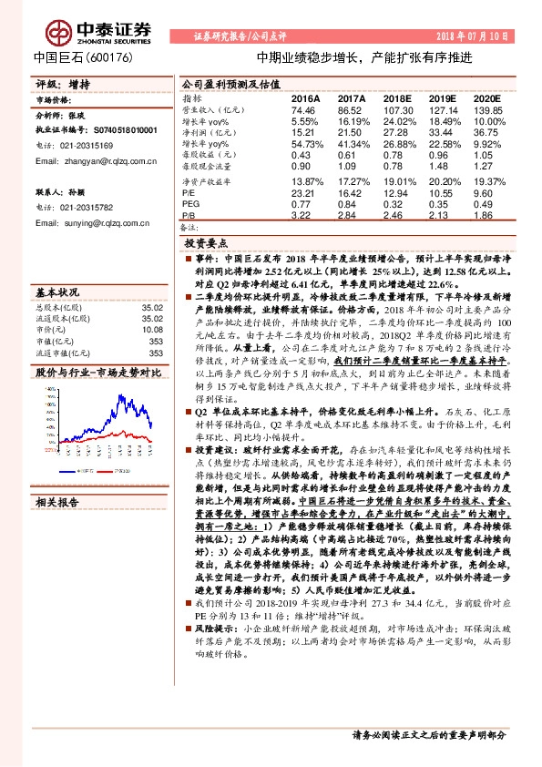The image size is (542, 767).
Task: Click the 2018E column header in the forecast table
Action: [397, 97]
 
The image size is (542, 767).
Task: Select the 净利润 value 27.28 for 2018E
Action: [397, 133]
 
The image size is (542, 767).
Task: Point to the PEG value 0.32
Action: [397, 203]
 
